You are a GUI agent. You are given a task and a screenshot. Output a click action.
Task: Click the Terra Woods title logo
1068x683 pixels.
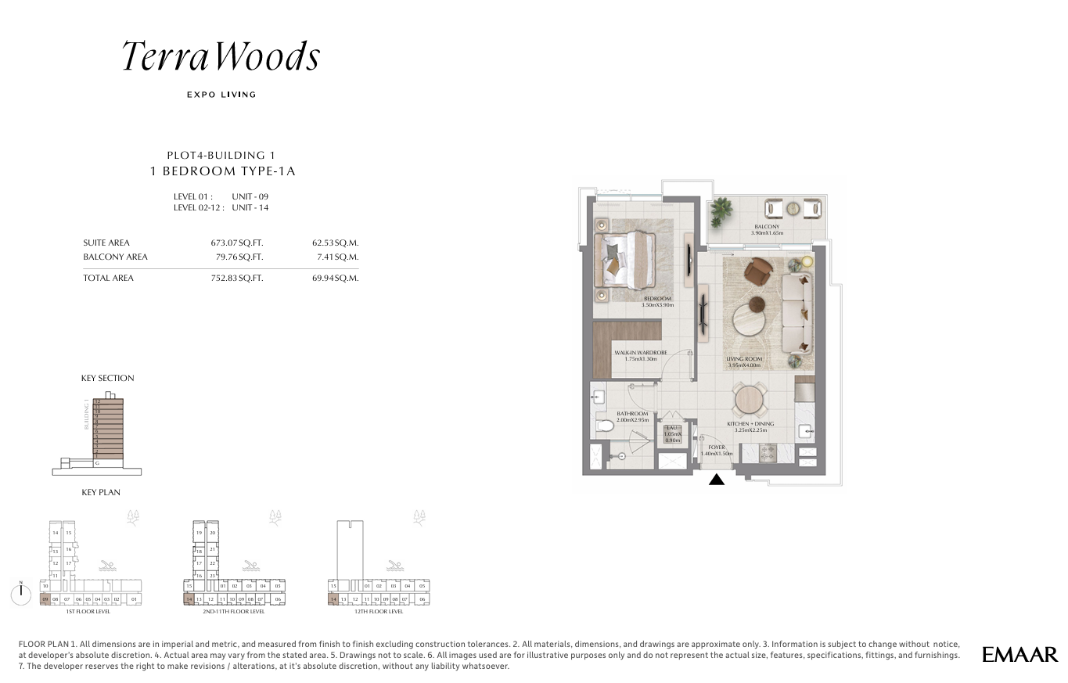[x=221, y=57]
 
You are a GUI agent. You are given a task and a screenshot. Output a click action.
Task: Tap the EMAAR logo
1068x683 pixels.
[x=1019, y=654]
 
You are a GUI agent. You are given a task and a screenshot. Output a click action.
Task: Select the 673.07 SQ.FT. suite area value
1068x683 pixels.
[x=232, y=243]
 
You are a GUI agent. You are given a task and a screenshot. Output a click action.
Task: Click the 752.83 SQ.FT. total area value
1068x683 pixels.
[x=232, y=278]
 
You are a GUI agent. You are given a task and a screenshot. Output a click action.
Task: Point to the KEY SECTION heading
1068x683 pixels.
[x=107, y=378]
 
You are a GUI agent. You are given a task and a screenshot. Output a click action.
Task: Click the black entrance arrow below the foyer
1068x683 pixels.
[x=716, y=479]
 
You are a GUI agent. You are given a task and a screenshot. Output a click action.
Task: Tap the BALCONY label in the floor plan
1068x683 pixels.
[x=767, y=227]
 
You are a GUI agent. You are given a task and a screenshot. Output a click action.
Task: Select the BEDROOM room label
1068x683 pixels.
[x=657, y=299]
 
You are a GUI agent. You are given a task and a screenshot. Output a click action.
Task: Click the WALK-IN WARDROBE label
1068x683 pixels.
[x=635, y=353]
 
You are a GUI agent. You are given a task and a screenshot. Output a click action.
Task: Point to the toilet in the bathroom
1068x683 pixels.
[x=605, y=426]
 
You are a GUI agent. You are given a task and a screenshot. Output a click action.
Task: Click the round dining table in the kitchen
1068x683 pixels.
[x=749, y=400]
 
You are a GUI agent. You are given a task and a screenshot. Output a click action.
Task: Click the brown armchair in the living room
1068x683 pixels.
[x=757, y=271]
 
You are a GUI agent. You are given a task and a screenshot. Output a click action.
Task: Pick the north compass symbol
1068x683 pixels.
[x=20, y=593]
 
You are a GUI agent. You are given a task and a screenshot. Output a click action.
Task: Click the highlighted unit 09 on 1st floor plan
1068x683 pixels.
[x=45, y=599]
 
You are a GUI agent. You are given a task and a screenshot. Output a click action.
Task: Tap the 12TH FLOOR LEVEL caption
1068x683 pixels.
[x=379, y=611]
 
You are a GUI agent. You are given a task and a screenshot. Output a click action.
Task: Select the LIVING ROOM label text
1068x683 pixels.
[x=743, y=359]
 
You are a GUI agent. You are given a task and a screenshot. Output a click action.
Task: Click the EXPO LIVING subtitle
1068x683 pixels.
[x=221, y=95]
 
